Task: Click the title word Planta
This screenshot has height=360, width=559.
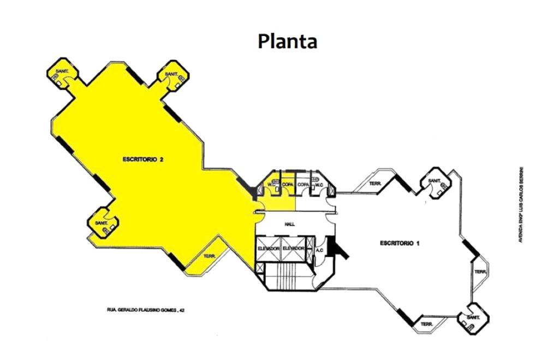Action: pos(288,41)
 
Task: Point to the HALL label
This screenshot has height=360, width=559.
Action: pos(290,224)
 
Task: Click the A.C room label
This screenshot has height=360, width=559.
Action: pos(320,250)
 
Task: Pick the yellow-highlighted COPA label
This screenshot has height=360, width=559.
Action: pos(288,185)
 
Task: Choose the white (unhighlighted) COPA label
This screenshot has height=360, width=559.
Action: pos(304,185)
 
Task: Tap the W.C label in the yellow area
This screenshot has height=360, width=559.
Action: pos(271,185)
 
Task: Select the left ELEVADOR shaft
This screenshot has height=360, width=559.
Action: pos(268,249)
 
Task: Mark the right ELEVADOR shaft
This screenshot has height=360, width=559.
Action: pos(293,249)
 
